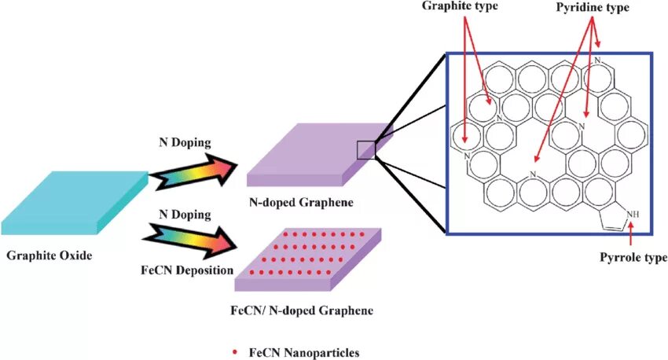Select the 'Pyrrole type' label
tap(633, 257)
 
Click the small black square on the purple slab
tap(365, 149)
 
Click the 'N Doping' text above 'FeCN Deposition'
tap(185, 214)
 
